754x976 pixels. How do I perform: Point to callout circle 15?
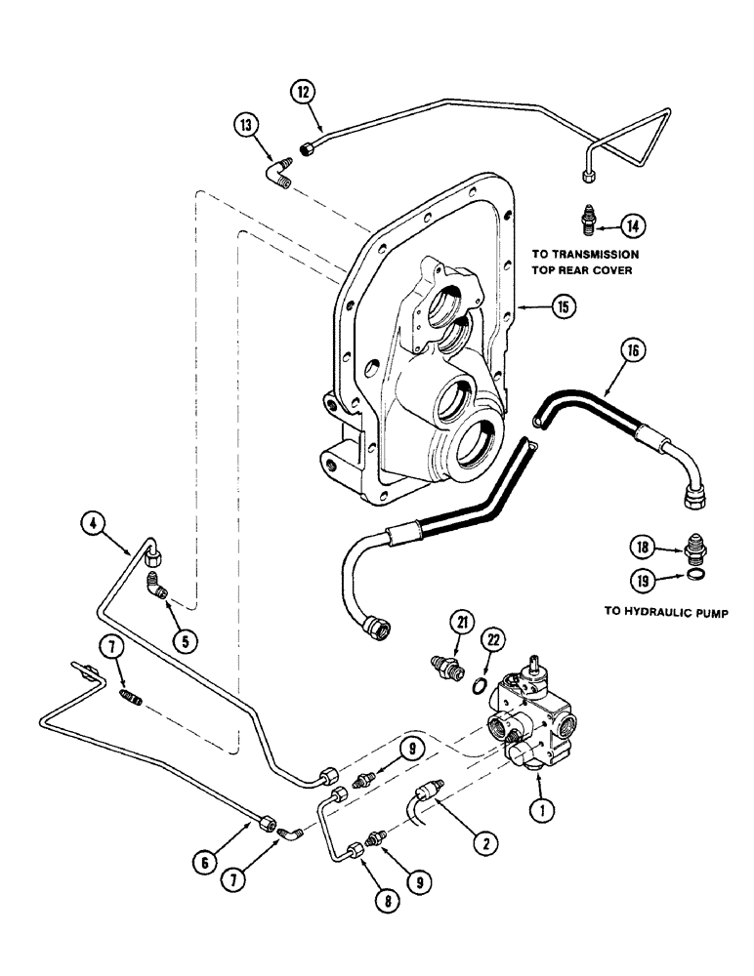click(563, 306)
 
